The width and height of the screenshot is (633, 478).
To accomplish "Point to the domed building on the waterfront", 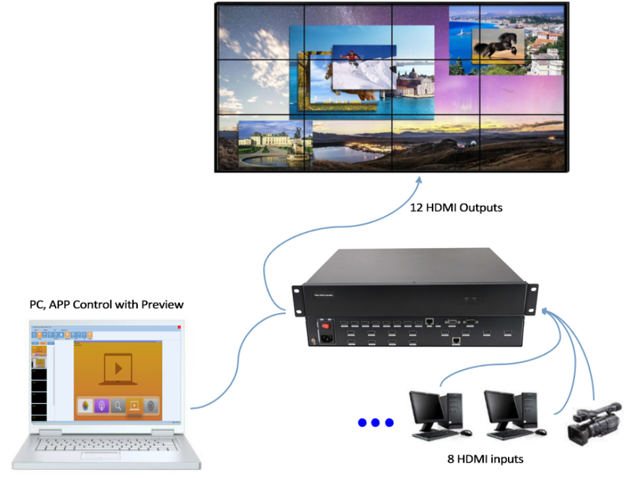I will tap(412, 82).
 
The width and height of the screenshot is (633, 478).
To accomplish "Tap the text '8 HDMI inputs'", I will tap(485, 459).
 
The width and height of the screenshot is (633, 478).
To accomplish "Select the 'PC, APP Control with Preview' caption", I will tap(106, 304).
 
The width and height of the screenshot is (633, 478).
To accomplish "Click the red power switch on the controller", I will tap(325, 326).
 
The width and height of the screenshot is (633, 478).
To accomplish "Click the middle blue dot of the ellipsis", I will tap(376, 422).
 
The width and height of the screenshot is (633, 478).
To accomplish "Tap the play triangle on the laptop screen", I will tap(117, 368).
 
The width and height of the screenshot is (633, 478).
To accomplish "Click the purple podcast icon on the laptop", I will tap(101, 405).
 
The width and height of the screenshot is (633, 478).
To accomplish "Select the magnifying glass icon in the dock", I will tap(118, 405).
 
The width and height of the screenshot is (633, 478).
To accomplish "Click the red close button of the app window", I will tap(179, 327).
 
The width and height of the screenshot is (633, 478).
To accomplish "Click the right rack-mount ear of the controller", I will tap(532, 297).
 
